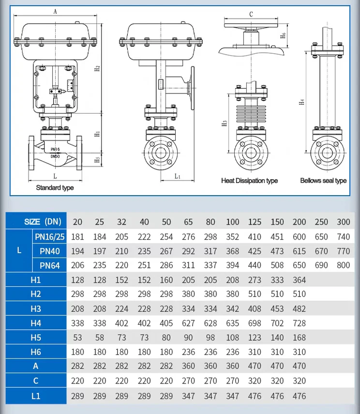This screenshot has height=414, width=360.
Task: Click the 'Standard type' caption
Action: pyautogui.click(x=55, y=187)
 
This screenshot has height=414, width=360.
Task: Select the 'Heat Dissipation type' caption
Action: pyautogui.click(x=249, y=181)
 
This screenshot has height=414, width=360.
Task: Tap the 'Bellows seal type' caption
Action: pyautogui.click(x=323, y=181)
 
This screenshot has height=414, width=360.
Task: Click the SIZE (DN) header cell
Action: pyautogui.click(x=43, y=222)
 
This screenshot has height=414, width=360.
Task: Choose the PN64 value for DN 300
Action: pyautogui.click(x=343, y=265)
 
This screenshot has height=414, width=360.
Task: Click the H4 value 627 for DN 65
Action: pyautogui.click(x=188, y=323)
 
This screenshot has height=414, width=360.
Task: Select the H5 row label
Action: pyautogui.click(x=35, y=337)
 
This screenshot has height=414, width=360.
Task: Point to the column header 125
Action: pyautogui.click(x=255, y=222)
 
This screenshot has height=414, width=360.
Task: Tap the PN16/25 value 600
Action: pyautogui.click(x=300, y=237)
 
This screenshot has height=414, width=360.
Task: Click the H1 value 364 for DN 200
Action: pyautogui.click(x=300, y=280)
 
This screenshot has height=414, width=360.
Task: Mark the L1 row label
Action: pyautogui.click(x=35, y=396)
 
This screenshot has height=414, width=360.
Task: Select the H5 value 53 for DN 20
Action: pyautogui.click(x=77, y=337)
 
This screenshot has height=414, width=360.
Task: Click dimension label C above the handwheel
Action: pyautogui.click(x=251, y=14)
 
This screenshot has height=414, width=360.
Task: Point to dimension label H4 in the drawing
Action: pyautogui.click(x=301, y=102)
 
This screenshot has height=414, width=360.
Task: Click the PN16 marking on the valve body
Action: pyautogui.click(x=55, y=150)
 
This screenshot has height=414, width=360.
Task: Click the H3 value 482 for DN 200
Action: pyautogui.click(x=300, y=309)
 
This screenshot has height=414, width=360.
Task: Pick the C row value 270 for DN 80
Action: pyautogui.click(x=210, y=381)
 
